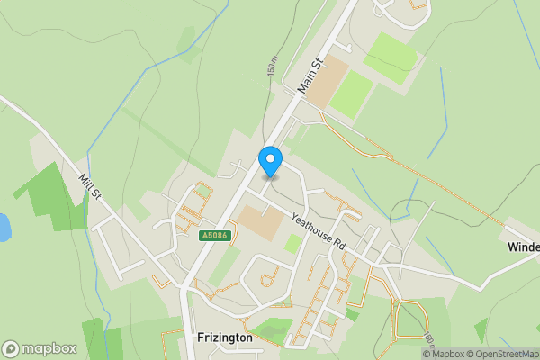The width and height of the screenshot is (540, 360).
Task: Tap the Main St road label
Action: coord(310,77)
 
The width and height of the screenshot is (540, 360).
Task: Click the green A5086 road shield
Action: coord(216,236)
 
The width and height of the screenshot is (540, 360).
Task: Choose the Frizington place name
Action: coord(224,337)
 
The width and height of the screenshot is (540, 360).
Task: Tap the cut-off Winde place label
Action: coord(522,247)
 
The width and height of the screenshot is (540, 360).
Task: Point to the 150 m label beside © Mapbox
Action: coord(427,335)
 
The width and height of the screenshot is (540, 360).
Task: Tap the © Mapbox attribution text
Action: coord(445,354)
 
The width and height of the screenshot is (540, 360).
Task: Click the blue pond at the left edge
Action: coord(4,227)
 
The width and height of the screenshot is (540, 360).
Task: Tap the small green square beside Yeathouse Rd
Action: coord(293,243)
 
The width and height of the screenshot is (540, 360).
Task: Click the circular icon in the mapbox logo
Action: coord(11,349)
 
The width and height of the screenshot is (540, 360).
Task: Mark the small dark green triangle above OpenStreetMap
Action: coord(481,329)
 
